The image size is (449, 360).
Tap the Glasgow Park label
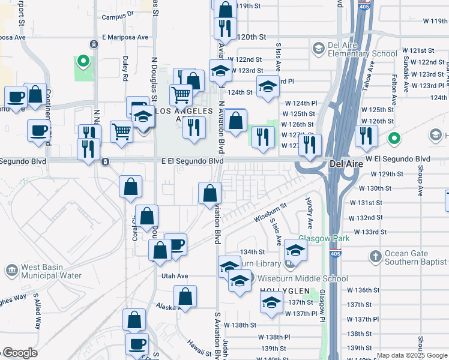click(x=324, y=238)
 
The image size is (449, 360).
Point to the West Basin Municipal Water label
click(x=50, y=272)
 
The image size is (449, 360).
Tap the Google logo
click(x=19, y=353)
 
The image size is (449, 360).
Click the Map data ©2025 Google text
click(x=412, y=356)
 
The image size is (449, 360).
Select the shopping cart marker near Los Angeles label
click(x=181, y=94)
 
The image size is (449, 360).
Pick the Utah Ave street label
click(x=175, y=276)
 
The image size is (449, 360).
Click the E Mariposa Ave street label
click(x=124, y=37)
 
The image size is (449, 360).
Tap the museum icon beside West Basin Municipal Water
click(x=12, y=271)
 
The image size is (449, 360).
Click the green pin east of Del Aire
click(x=394, y=139)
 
